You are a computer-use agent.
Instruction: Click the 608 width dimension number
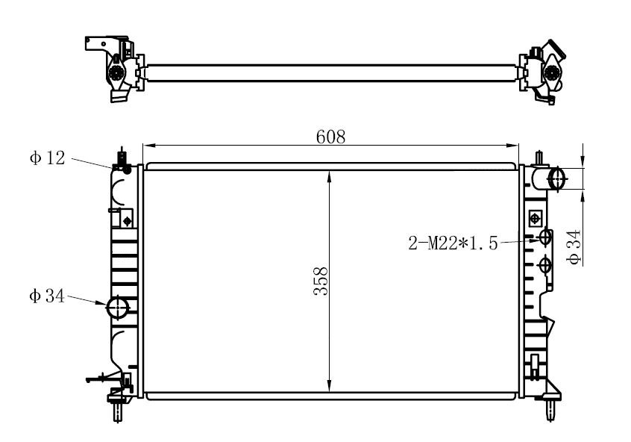(330, 137)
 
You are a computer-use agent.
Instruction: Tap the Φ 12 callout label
(48, 158)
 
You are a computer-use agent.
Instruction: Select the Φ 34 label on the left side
(47, 296)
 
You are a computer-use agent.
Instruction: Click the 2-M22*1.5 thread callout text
(452, 243)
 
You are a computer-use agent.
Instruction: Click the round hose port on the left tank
(118, 307)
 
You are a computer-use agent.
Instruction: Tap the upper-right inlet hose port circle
(557, 178)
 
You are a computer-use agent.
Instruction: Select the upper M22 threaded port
(545, 237)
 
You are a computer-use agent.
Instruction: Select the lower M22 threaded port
(545, 265)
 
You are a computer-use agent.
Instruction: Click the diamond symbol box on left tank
(127, 220)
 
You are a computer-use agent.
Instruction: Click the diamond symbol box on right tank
(534, 218)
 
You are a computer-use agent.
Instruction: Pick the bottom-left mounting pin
(117, 411)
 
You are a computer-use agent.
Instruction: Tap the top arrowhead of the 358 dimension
(330, 174)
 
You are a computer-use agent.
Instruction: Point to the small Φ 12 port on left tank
(127, 169)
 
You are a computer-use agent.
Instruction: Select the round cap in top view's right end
(551, 72)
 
